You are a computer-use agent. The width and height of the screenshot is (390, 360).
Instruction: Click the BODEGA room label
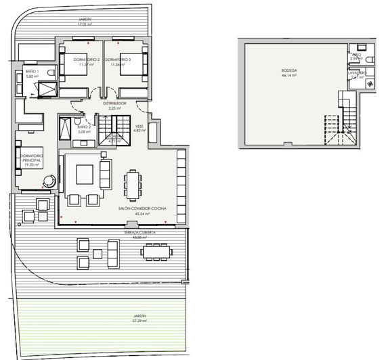pyautogui.click(x=289, y=70)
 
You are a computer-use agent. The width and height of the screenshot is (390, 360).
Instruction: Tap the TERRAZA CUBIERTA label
pyautogui.click(x=140, y=232)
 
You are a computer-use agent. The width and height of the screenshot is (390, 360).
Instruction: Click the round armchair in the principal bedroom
pyautogui.click(x=49, y=181)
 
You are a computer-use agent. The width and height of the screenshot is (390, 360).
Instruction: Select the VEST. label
pyautogui.click(x=139, y=126)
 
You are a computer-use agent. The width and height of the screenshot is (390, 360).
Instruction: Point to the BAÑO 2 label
pyautogui.click(x=84, y=127)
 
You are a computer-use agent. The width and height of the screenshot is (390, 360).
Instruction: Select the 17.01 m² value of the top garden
pyautogui.click(x=85, y=25)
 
